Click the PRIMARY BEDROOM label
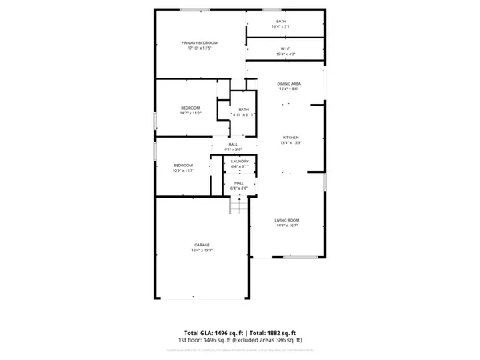click(199, 42)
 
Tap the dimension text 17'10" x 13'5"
click(199, 48)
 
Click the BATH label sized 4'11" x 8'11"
click(243, 110)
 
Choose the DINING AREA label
click(289, 83)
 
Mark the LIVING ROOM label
click(287, 220)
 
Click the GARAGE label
click(202, 245)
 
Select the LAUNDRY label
click(240, 161)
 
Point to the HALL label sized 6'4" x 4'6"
click(239, 183)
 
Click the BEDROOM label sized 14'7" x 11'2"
click(190, 107)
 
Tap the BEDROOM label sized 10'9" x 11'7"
click(184, 165)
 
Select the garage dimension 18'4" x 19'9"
click(202, 250)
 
